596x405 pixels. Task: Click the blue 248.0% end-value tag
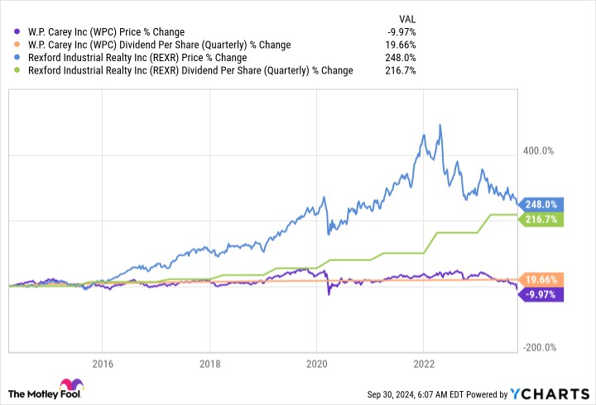pos(542,204)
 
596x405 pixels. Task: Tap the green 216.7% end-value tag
pos(542,219)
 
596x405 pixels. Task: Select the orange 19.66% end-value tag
pos(542,279)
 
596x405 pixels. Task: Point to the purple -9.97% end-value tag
pos(542,293)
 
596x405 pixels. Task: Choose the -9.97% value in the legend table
pos(401,32)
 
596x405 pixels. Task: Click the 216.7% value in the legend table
pos(401,70)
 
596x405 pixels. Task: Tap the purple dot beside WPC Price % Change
pos(17,33)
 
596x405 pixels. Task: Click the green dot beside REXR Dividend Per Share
pos(17,71)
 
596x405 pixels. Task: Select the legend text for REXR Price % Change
pos(137,58)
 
